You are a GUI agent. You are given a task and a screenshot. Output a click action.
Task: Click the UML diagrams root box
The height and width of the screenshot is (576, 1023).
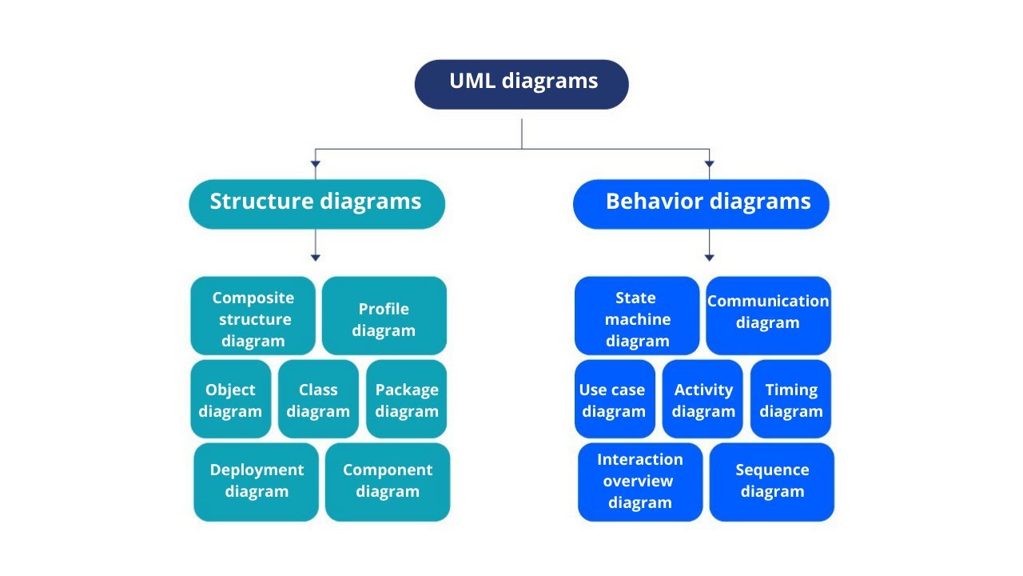click(x=522, y=85)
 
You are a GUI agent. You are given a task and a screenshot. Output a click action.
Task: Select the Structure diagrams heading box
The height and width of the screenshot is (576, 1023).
click(x=317, y=204)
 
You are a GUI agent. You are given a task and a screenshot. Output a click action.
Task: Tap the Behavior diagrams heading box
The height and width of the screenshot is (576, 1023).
click(x=701, y=204)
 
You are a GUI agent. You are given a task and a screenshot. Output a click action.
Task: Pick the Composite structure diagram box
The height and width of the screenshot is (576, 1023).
click(x=253, y=315)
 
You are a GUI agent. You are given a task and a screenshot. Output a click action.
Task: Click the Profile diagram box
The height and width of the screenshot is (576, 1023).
click(x=384, y=315)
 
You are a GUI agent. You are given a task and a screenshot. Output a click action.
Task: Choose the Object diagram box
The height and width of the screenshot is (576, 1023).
click(x=231, y=398)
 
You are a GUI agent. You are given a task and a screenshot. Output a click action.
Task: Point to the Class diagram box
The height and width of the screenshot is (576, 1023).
click(x=318, y=398)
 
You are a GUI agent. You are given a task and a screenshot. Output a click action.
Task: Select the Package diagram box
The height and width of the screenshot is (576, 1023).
click(x=407, y=398)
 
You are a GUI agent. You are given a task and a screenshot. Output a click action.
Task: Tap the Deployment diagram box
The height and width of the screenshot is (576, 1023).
click(x=257, y=482)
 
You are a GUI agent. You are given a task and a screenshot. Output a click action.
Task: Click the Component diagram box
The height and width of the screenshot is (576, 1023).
click(x=388, y=482)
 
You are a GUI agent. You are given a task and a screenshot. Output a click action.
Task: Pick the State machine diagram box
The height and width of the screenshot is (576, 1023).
click(x=637, y=315)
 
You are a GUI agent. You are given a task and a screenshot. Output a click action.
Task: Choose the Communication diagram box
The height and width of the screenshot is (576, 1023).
click(x=769, y=315)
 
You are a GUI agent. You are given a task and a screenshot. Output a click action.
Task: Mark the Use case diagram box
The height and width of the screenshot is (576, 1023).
click(x=615, y=398)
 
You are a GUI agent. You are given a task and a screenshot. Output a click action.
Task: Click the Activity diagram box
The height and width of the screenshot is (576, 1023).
click(x=703, y=398)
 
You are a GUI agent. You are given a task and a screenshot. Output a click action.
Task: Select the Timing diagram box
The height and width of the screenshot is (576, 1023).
click(x=790, y=398)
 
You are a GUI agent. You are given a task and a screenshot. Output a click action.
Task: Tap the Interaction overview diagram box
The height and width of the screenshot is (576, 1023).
click(x=640, y=482)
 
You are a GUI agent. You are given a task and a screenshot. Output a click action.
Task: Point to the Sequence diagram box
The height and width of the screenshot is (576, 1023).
click(x=772, y=482)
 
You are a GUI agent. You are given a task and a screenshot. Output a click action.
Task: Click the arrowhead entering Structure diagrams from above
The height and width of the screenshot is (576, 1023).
click(x=316, y=164)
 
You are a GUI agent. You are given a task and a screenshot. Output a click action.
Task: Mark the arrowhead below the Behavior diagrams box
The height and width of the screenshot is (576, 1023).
click(x=709, y=258)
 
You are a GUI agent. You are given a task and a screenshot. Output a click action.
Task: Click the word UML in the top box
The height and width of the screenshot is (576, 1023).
click(x=472, y=81)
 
